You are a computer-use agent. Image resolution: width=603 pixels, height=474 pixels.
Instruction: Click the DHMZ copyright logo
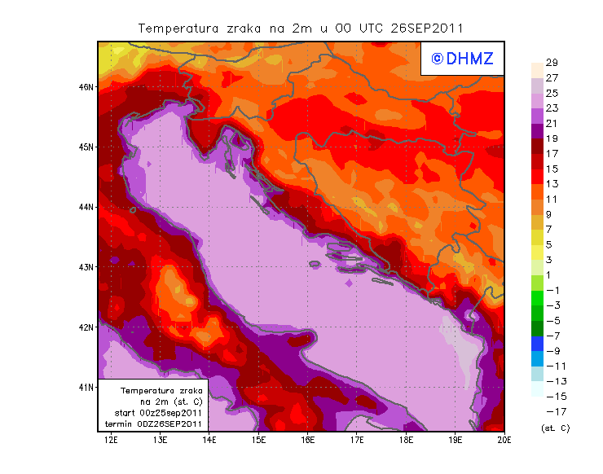(x=462, y=59)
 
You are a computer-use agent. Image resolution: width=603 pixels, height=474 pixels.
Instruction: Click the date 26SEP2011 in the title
(x=427, y=28)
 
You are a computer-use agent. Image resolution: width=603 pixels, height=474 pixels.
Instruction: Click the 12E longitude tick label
(x=111, y=440)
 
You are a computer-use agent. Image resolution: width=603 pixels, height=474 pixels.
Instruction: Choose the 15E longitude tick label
(x=258, y=440)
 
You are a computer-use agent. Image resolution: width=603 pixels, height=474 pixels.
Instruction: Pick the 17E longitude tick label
(x=357, y=440)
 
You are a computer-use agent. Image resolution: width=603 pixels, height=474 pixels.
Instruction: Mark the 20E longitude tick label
(x=504, y=440)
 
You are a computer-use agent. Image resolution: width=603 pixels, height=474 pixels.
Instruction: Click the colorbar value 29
(x=552, y=63)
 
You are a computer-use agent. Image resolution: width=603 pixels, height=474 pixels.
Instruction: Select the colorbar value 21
(x=552, y=123)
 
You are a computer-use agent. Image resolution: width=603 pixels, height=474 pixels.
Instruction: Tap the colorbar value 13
(x=552, y=184)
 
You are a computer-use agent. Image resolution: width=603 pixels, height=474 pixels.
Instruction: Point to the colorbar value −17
(x=552, y=411)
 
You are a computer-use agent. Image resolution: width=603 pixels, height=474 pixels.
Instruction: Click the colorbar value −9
(x=552, y=350)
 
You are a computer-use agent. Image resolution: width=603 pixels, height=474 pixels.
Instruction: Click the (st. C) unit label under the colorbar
(x=555, y=428)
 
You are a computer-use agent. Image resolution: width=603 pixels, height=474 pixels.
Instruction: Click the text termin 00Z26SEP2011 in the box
(x=154, y=424)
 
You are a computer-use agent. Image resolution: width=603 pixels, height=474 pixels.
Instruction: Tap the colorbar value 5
(x=552, y=244)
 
